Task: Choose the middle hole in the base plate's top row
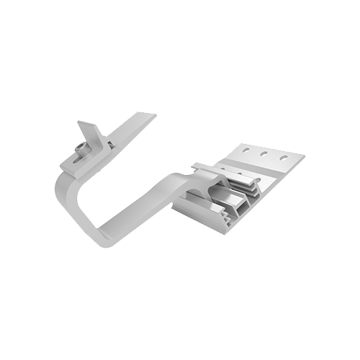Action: pyautogui.click(x=264, y=154)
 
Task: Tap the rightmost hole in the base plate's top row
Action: pyautogui.click(x=283, y=157)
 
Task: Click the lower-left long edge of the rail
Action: pyautogui.click(x=198, y=220)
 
